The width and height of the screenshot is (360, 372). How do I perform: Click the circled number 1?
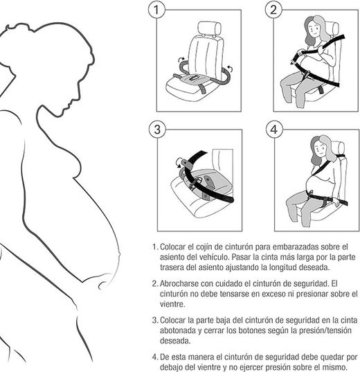[x=159, y=10]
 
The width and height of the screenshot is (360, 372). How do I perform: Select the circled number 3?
[x=159, y=130]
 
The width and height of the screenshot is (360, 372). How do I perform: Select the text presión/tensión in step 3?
[x=319, y=331]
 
